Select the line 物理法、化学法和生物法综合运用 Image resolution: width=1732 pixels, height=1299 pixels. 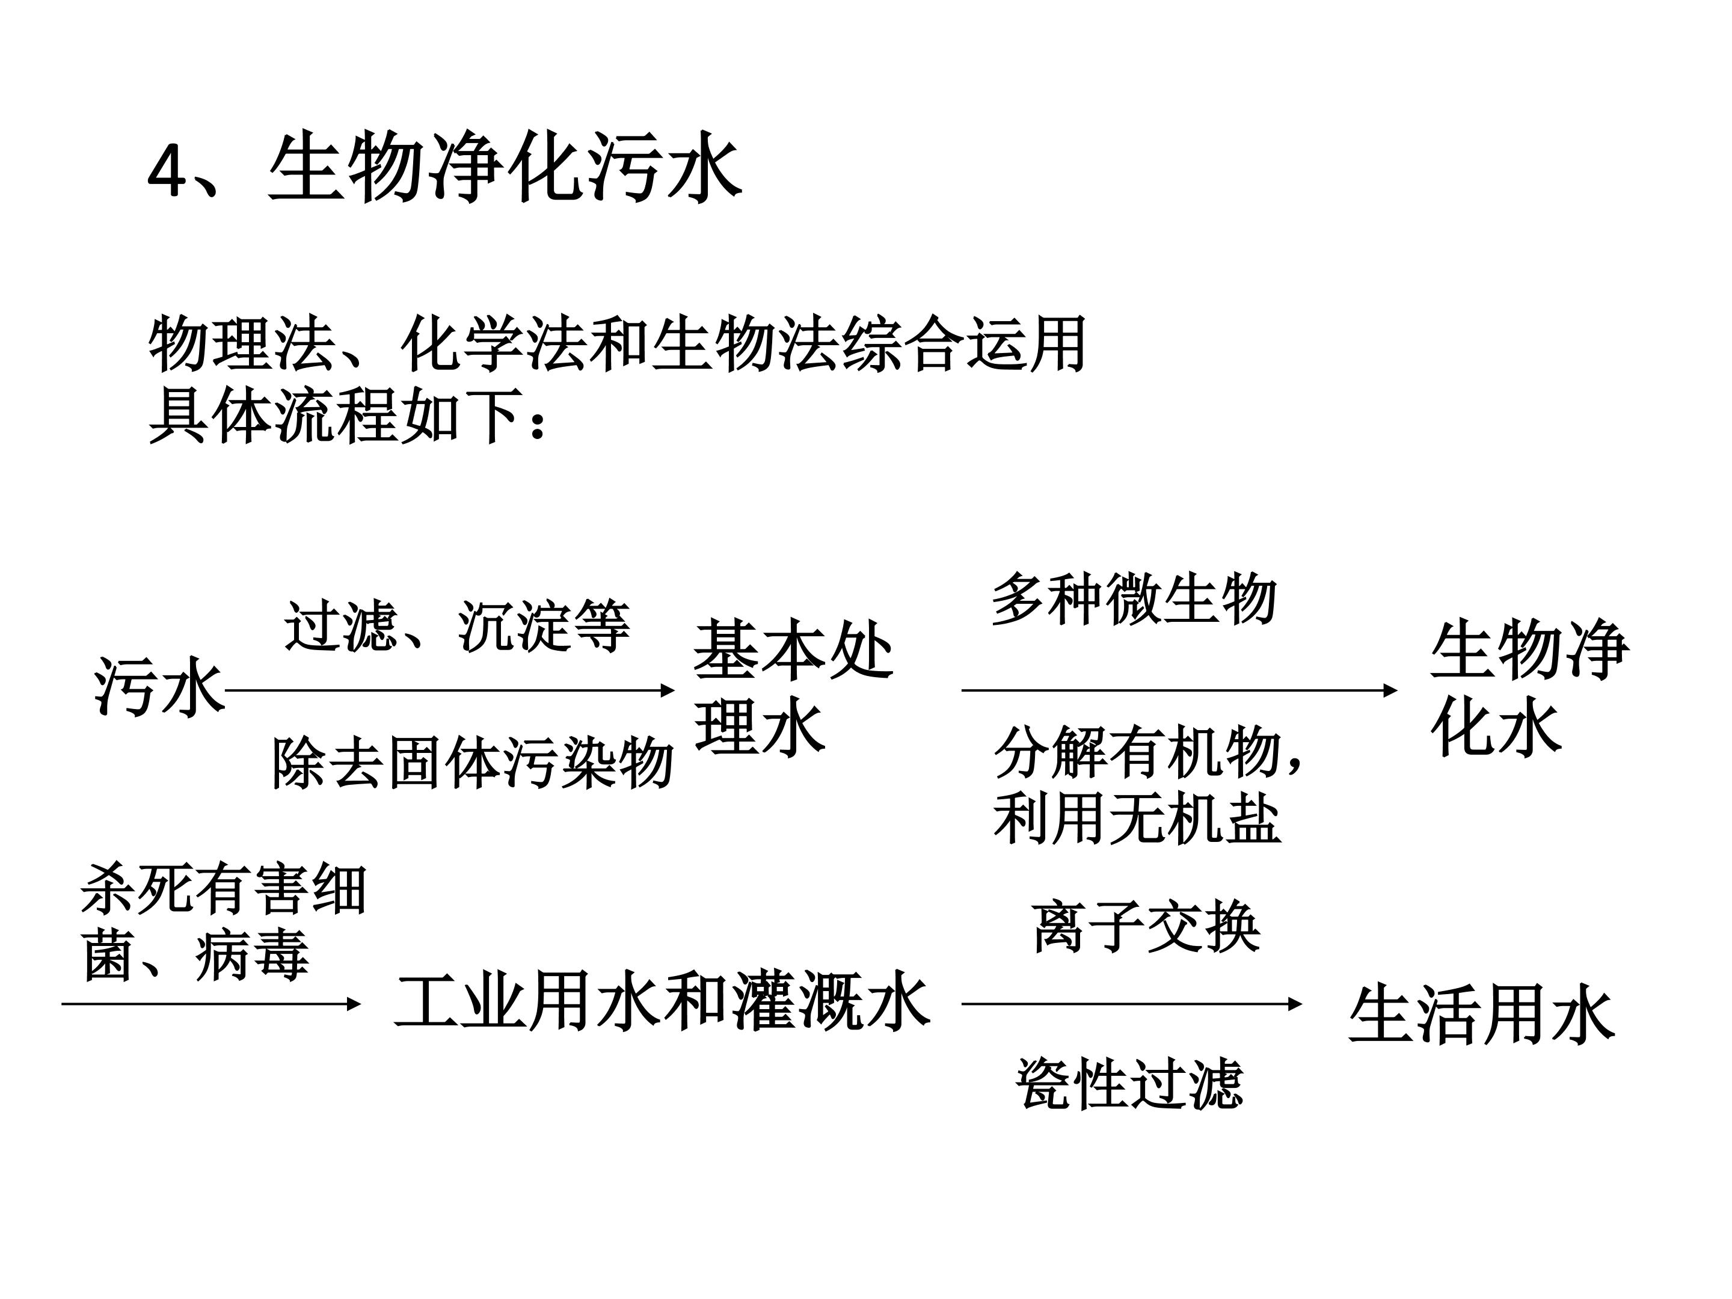click(617, 345)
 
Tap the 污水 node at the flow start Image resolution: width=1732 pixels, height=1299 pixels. click(159, 687)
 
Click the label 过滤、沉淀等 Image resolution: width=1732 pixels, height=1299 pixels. click(457, 627)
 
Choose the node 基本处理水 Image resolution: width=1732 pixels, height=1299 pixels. click(793, 687)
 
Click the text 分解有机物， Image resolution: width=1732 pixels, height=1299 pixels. click(1148, 752)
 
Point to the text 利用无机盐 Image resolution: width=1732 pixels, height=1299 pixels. click(1137, 819)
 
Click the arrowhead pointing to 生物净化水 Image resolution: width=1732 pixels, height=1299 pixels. click(1390, 690)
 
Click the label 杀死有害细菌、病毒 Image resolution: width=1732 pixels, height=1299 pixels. click(224, 923)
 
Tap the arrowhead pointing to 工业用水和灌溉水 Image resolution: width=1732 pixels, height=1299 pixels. click(353, 1003)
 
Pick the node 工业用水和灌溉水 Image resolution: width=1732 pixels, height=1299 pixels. click(662, 1001)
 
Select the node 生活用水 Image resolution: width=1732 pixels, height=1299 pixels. click(1481, 1015)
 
